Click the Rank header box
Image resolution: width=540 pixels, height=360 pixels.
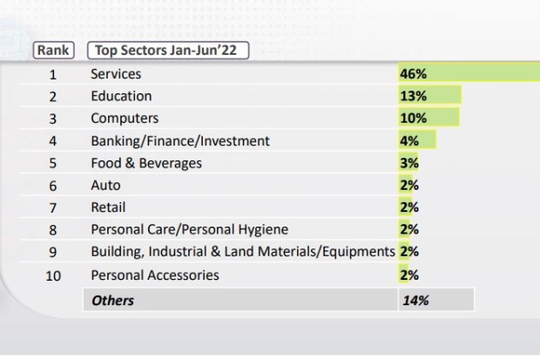click(x=53, y=51)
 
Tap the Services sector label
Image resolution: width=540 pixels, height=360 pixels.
click(x=116, y=74)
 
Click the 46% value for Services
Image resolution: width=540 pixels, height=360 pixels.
click(x=413, y=74)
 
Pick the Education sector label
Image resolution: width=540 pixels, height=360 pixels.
click(x=121, y=96)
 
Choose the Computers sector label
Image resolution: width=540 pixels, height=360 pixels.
click(x=125, y=119)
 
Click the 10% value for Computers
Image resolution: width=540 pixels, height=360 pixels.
click(x=413, y=119)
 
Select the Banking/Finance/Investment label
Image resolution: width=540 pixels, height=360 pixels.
click(x=180, y=140)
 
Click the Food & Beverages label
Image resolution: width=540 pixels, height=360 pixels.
click(x=146, y=163)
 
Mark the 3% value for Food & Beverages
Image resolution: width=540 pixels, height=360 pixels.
click(x=409, y=163)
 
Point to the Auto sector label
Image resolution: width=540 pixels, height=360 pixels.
click(x=105, y=185)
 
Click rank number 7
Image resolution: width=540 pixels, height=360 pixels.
click(x=53, y=207)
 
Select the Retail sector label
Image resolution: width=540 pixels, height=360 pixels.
click(x=108, y=207)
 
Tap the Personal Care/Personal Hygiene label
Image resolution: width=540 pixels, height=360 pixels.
click(x=189, y=229)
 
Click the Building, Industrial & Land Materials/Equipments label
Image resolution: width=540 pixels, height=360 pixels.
click(x=243, y=252)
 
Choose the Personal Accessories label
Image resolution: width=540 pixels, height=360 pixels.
click(x=155, y=275)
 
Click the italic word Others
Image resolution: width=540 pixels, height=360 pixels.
click(x=113, y=300)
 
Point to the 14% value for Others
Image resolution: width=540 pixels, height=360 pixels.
click(x=415, y=300)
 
